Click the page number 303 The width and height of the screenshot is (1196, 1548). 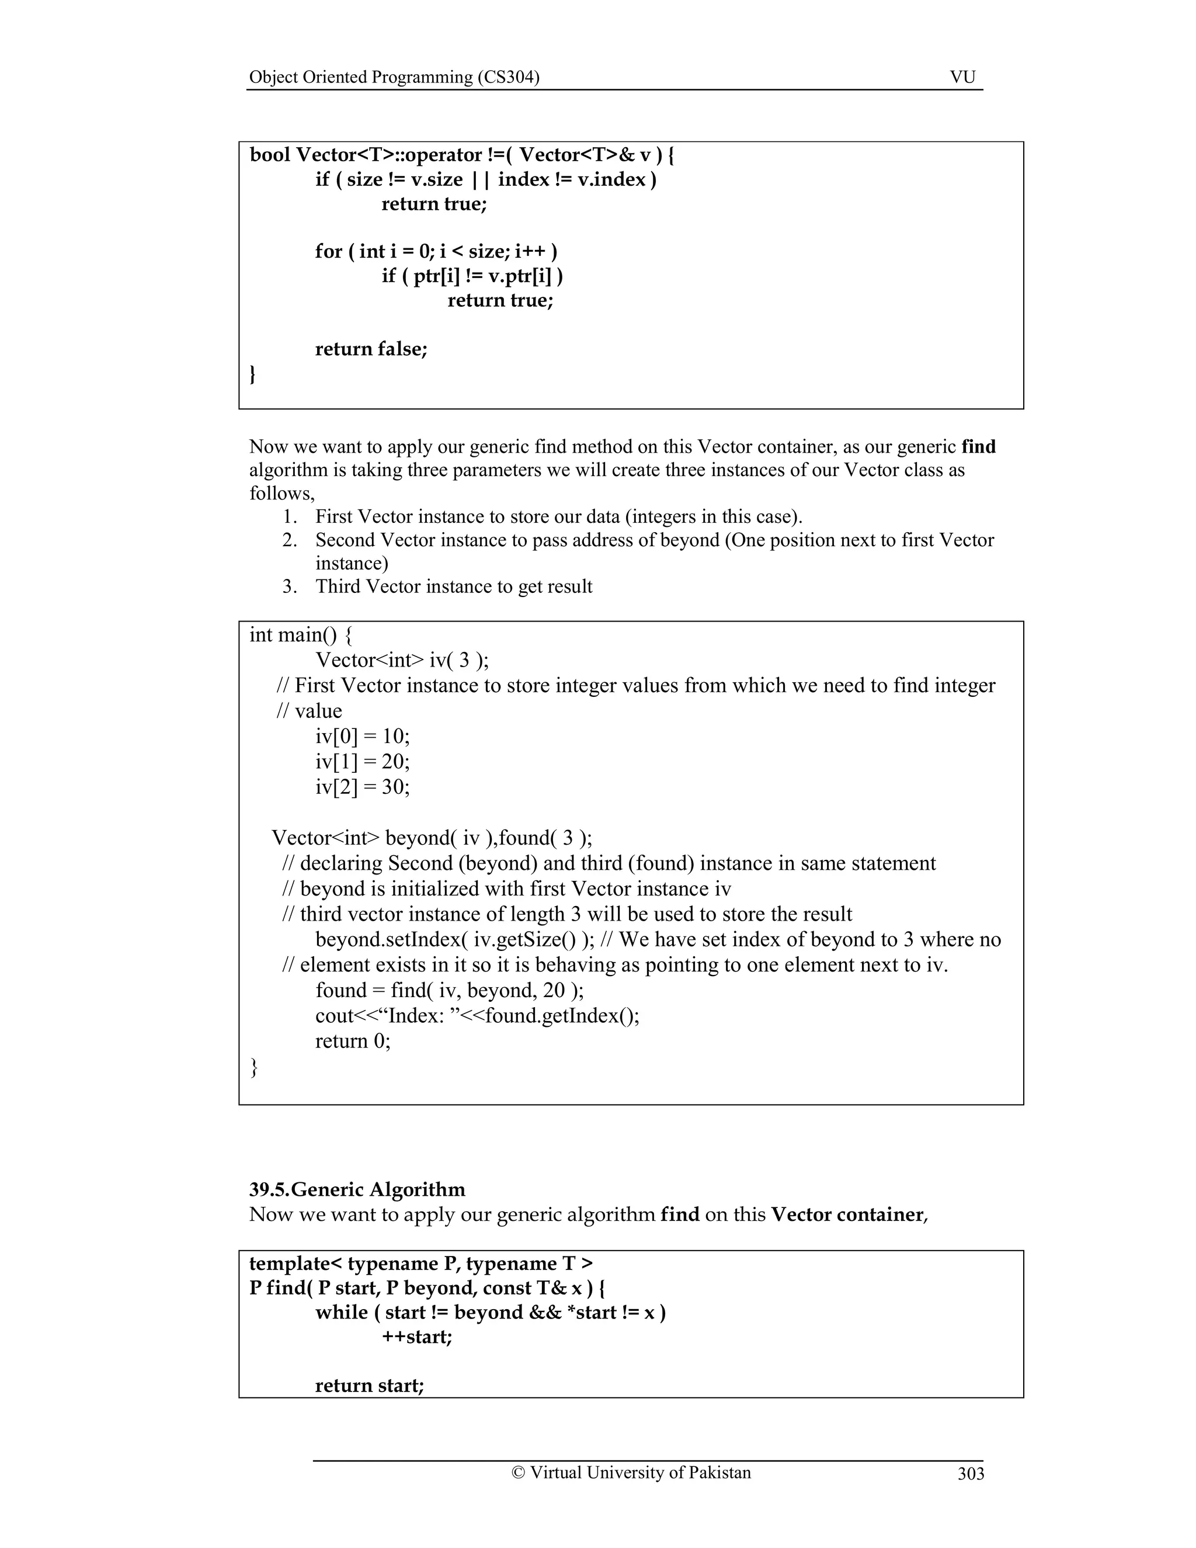click(x=971, y=1474)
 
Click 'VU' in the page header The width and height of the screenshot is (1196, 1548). click(x=962, y=77)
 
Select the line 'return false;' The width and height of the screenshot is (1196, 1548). click(x=371, y=349)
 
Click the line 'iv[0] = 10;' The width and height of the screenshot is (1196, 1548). click(x=362, y=737)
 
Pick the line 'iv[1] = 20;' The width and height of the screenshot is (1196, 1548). click(x=362, y=762)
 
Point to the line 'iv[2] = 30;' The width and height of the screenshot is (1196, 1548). click(x=362, y=787)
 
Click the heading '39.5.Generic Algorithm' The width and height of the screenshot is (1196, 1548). click(x=357, y=1189)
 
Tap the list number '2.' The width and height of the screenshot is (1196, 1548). click(x=289, y=540)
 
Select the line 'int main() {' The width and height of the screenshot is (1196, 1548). click(x=300, y=635)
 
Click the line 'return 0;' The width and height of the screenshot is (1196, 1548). click(x=353, y=1041)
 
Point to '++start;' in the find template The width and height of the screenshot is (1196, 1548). click(x=416, y=1337)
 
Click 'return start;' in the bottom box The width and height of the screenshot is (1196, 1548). click(x=369, y=1385)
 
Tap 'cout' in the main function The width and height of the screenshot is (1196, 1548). click(x=329, y=1016)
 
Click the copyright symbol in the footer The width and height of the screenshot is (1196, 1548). click(x=518, y=1473)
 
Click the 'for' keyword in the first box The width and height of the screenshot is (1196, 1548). click(x=329, y=252)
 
